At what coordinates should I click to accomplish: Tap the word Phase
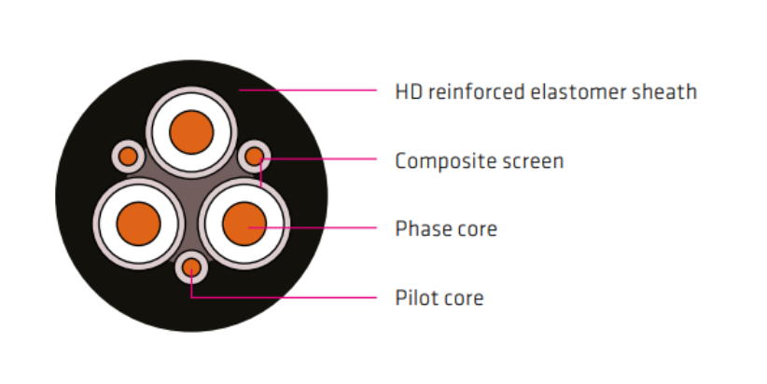pos(422,228)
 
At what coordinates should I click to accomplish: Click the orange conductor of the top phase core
pos(191,132)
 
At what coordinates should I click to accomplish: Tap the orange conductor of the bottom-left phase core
pos(138,224)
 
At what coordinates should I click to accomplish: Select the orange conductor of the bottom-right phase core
pos(244,224)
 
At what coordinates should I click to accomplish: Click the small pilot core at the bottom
pos(191,267)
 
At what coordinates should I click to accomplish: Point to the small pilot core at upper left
pos(128,157)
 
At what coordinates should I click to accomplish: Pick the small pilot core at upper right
pos(255,157)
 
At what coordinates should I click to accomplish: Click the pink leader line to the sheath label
pos(308,90)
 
